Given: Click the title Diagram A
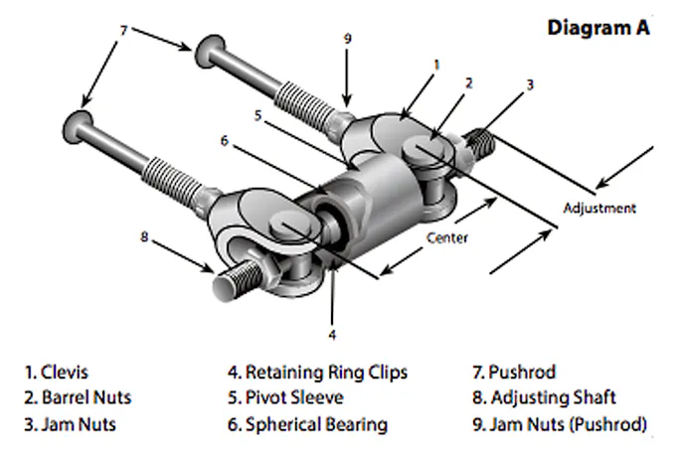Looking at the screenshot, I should [598, 28].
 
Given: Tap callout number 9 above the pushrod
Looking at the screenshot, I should [347, 40].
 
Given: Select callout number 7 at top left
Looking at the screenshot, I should [122, 32].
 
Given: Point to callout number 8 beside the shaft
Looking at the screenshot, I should [144, 236].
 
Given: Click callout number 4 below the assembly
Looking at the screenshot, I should [332, 335].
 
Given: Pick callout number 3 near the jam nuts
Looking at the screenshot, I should [530, 85].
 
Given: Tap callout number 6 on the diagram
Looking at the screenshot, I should [225, 141].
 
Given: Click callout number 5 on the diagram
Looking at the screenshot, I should [257, 114].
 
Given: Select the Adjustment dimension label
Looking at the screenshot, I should [598, 209].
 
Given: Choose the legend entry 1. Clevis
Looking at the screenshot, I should [57, 373].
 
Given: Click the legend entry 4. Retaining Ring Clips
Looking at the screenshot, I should [317, 373].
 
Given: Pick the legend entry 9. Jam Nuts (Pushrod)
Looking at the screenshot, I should [561, 424].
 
